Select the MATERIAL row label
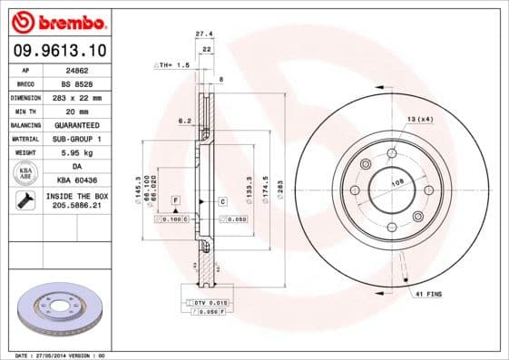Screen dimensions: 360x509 pos(24,139)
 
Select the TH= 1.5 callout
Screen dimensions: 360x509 pos(171,65)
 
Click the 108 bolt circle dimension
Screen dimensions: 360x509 pos(396,182)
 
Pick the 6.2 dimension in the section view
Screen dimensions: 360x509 pos(183,120)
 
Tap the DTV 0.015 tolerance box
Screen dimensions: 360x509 pos(207,301)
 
